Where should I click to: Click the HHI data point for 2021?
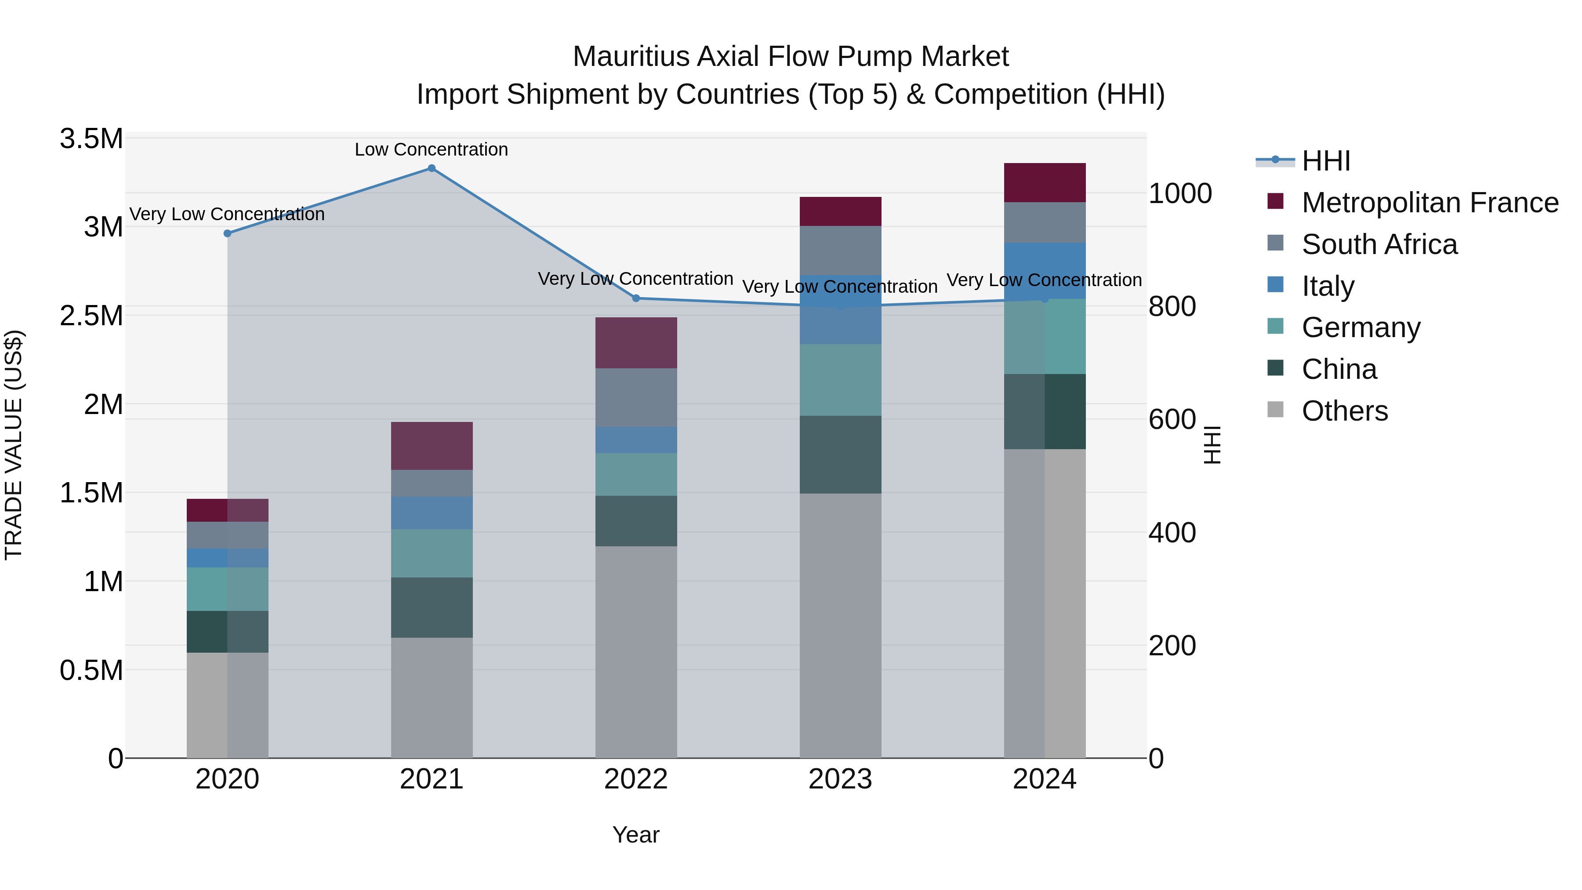431,168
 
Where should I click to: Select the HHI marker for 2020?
227,233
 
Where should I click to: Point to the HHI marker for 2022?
636,298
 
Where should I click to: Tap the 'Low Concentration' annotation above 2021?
431,150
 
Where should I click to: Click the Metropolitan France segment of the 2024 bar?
1045,183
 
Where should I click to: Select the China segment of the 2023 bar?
840,454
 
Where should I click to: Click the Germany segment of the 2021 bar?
431,553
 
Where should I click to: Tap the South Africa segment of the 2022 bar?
636,397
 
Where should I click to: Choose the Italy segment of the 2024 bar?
1045,271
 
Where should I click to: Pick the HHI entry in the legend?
1326,161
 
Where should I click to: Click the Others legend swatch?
1276,410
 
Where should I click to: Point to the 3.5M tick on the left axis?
91,139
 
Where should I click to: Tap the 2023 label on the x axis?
840,779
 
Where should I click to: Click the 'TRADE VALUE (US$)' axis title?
14,445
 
